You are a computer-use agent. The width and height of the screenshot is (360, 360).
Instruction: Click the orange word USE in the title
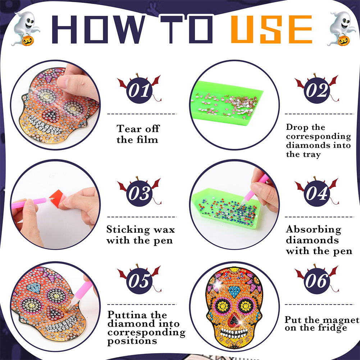[x=272, y=29]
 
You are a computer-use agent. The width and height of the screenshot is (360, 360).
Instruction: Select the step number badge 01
[x=140, y=90]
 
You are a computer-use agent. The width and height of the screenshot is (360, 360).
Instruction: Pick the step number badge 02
[x=317, y=90]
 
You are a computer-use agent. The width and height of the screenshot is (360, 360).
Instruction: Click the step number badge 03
[x=140, y=193]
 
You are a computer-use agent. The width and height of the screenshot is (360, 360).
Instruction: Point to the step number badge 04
[x=317, y=193]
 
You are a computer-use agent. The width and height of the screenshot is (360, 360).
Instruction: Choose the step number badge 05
[x=140, y=280]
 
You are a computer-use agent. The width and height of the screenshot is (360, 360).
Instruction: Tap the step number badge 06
[x=317, y=280]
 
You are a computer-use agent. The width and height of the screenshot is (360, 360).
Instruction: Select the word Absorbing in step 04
[x=314, y=229]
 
